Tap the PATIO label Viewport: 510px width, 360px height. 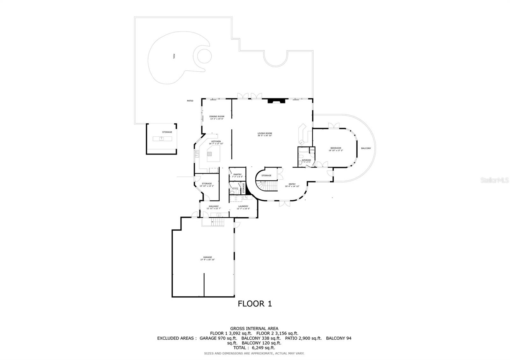(190, 101)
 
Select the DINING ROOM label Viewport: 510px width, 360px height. (217, 117)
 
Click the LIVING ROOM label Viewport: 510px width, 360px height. (265, 133)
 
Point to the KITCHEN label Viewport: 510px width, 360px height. (216, 141)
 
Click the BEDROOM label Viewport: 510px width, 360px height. (336, 148)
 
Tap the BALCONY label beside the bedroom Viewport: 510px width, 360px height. (366, 148)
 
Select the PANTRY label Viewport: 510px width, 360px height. (237, 175)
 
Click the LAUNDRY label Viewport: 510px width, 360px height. (243, 206)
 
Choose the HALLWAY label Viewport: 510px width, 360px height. (214, 206)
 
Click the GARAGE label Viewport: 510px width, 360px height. (208, 257)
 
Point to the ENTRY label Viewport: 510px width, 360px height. (292, 184)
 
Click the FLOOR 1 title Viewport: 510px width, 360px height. (255, 304)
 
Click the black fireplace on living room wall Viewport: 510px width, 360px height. (276, 101)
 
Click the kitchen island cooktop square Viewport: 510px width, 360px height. (209, 154)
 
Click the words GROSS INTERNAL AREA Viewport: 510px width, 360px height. (254, 328)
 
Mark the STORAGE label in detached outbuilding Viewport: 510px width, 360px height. (167, 132)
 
